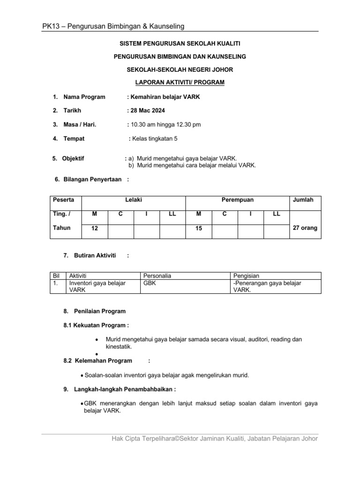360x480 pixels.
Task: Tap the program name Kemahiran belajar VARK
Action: (x=160, y=97)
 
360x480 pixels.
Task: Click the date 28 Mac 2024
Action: (x=147, y=111)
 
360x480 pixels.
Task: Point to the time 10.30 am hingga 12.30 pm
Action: (x=165, y=125)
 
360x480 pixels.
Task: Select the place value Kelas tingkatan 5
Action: (x=155, y=139)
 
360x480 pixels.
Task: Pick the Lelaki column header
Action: (x=134, y=200)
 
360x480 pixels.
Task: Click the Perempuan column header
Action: (x=237, y=200)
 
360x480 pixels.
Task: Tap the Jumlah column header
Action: (x=303, y=200)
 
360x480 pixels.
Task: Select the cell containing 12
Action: (x=95, y=228)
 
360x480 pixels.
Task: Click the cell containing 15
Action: (x=199, y=228)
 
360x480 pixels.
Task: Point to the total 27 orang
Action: (x=305, y=228)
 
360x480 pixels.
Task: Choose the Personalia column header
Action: (x=157, y=276)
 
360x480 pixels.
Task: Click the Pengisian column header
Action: (x=246, y=276)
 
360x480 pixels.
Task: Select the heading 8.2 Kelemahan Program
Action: (x=97, y=361)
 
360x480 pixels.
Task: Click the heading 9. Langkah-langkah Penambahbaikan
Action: (x=120, y=389)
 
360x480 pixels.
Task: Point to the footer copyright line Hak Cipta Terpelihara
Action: (x=215, y=439)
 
